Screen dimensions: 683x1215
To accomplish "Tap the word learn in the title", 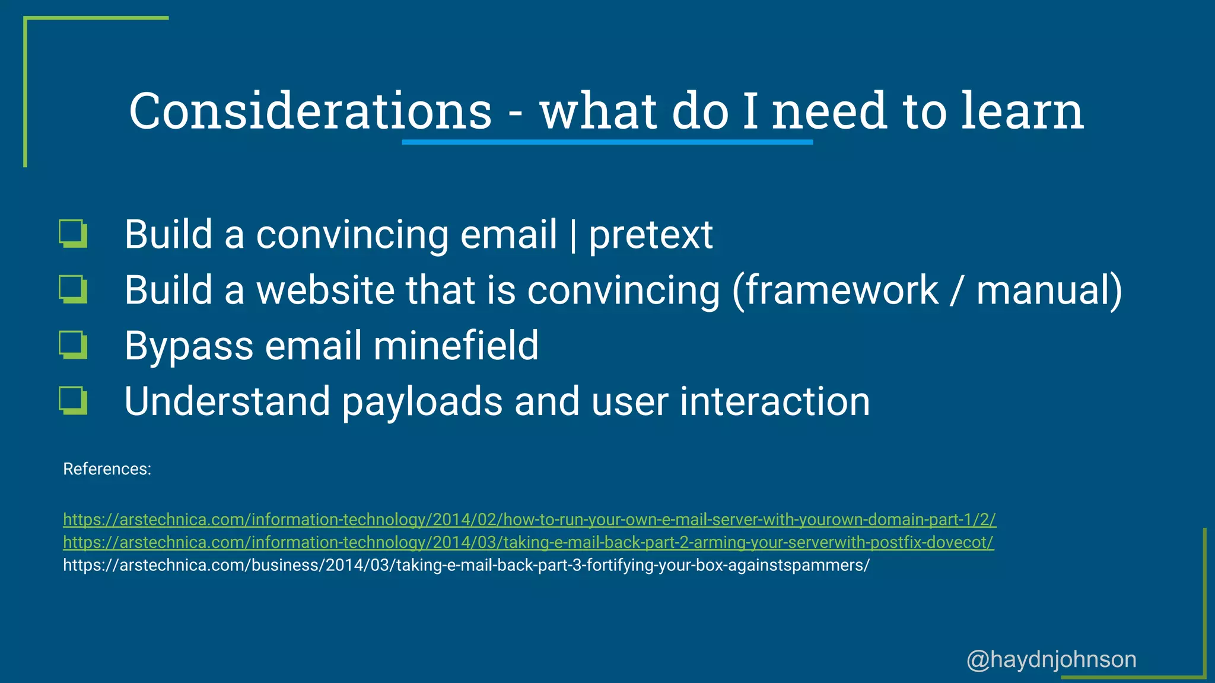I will point(1022,111).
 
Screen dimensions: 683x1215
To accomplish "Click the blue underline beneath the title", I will point(607,142).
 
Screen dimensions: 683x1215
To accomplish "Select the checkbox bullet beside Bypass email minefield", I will point(74,345).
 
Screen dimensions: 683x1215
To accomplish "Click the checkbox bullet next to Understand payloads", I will point(74,400).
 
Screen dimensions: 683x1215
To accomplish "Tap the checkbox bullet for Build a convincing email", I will point(74,234).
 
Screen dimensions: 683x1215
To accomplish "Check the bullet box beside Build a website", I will point(74,290).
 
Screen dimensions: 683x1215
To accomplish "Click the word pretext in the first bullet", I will point(650,235).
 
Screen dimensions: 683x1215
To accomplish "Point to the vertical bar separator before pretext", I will point(572,235).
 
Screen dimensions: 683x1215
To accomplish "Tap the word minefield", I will point(456,346).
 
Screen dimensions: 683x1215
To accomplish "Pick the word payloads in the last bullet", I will point(422,402).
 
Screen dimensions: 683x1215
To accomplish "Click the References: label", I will point(107,469).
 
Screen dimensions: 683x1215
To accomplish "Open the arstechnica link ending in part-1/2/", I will point(529,519).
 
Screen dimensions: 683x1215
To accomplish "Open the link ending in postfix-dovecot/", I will point(528,542).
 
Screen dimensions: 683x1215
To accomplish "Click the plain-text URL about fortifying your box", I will point(466,565).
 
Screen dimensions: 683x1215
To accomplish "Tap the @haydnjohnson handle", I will point(1051,659).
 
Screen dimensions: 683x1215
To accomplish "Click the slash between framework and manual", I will point(955,290).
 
